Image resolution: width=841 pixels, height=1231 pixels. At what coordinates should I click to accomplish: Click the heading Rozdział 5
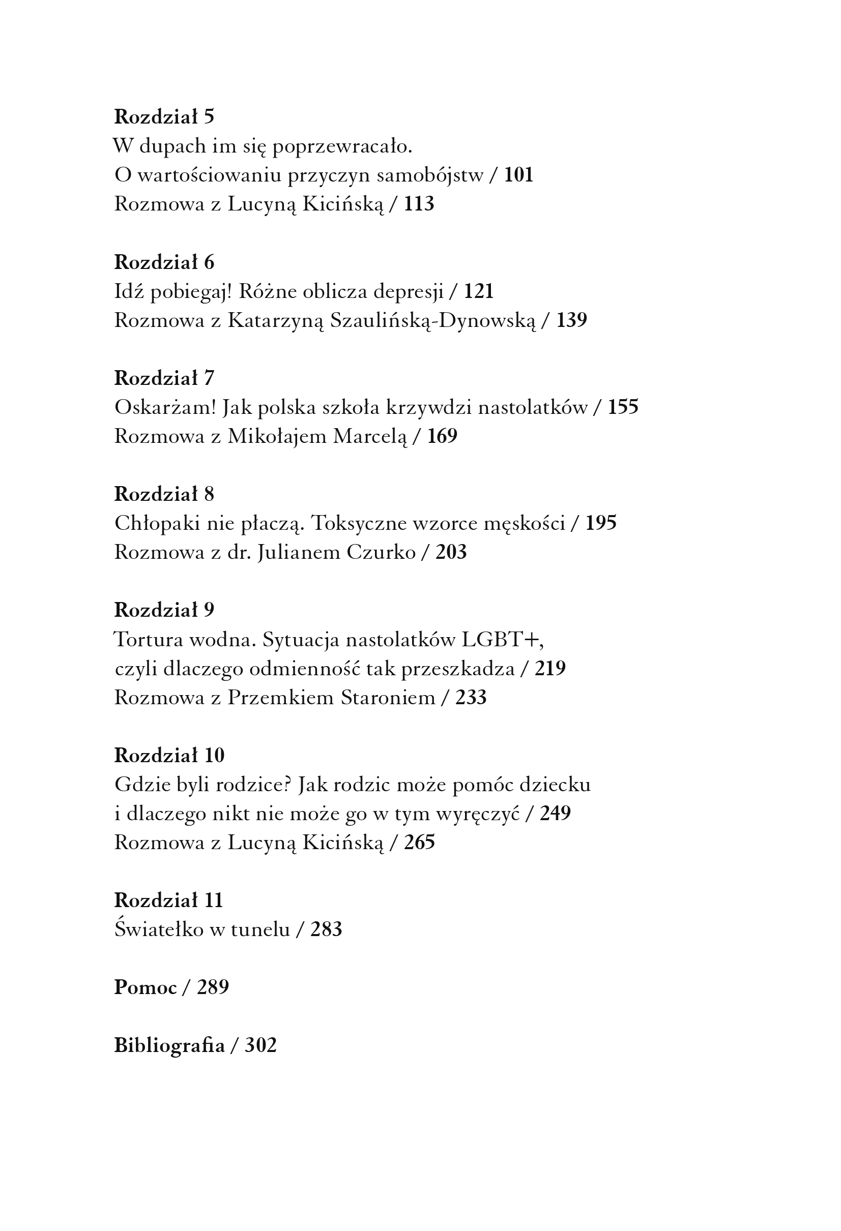point(164,116)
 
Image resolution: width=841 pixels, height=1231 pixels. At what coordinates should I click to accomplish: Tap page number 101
point(518,175)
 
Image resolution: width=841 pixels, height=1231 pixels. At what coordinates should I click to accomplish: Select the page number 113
point(419,204)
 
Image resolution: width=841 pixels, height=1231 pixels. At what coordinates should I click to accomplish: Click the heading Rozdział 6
point(164,262)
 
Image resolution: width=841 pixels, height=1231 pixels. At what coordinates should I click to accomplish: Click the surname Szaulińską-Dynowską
point(432,320)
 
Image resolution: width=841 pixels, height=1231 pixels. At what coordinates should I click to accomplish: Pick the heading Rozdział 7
point(164,378)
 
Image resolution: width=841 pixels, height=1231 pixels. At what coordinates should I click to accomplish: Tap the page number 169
point(442,436)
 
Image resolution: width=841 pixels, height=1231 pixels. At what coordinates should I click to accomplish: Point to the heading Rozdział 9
point(164,610)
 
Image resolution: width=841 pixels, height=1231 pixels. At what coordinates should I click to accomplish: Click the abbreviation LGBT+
point(502,640)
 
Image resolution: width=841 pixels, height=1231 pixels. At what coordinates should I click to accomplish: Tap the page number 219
point(550,669)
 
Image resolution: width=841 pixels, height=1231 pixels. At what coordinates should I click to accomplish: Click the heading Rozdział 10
point(169,756)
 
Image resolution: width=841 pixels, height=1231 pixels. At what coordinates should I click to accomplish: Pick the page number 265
point(419,842)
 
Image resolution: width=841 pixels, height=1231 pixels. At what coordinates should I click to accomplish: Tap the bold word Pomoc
point(145,987)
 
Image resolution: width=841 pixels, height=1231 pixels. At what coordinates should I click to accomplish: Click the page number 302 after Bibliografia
point(260,1045)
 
